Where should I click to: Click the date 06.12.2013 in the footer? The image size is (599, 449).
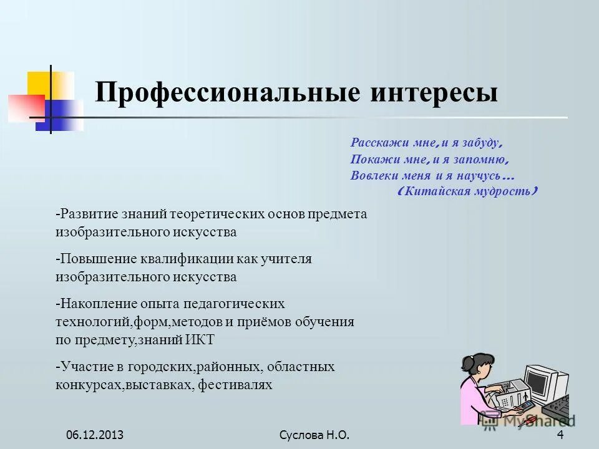tap(95, 435)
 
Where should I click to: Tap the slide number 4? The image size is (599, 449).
tap(560, 435)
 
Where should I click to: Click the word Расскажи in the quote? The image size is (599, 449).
tap(373, 143)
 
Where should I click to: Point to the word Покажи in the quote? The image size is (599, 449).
tap(369, 159)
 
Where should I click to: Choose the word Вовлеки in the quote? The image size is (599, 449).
tap(370, 175)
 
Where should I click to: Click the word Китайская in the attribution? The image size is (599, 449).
tap(437, 191)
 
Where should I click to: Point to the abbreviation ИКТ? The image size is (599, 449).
tap(200, 340)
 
